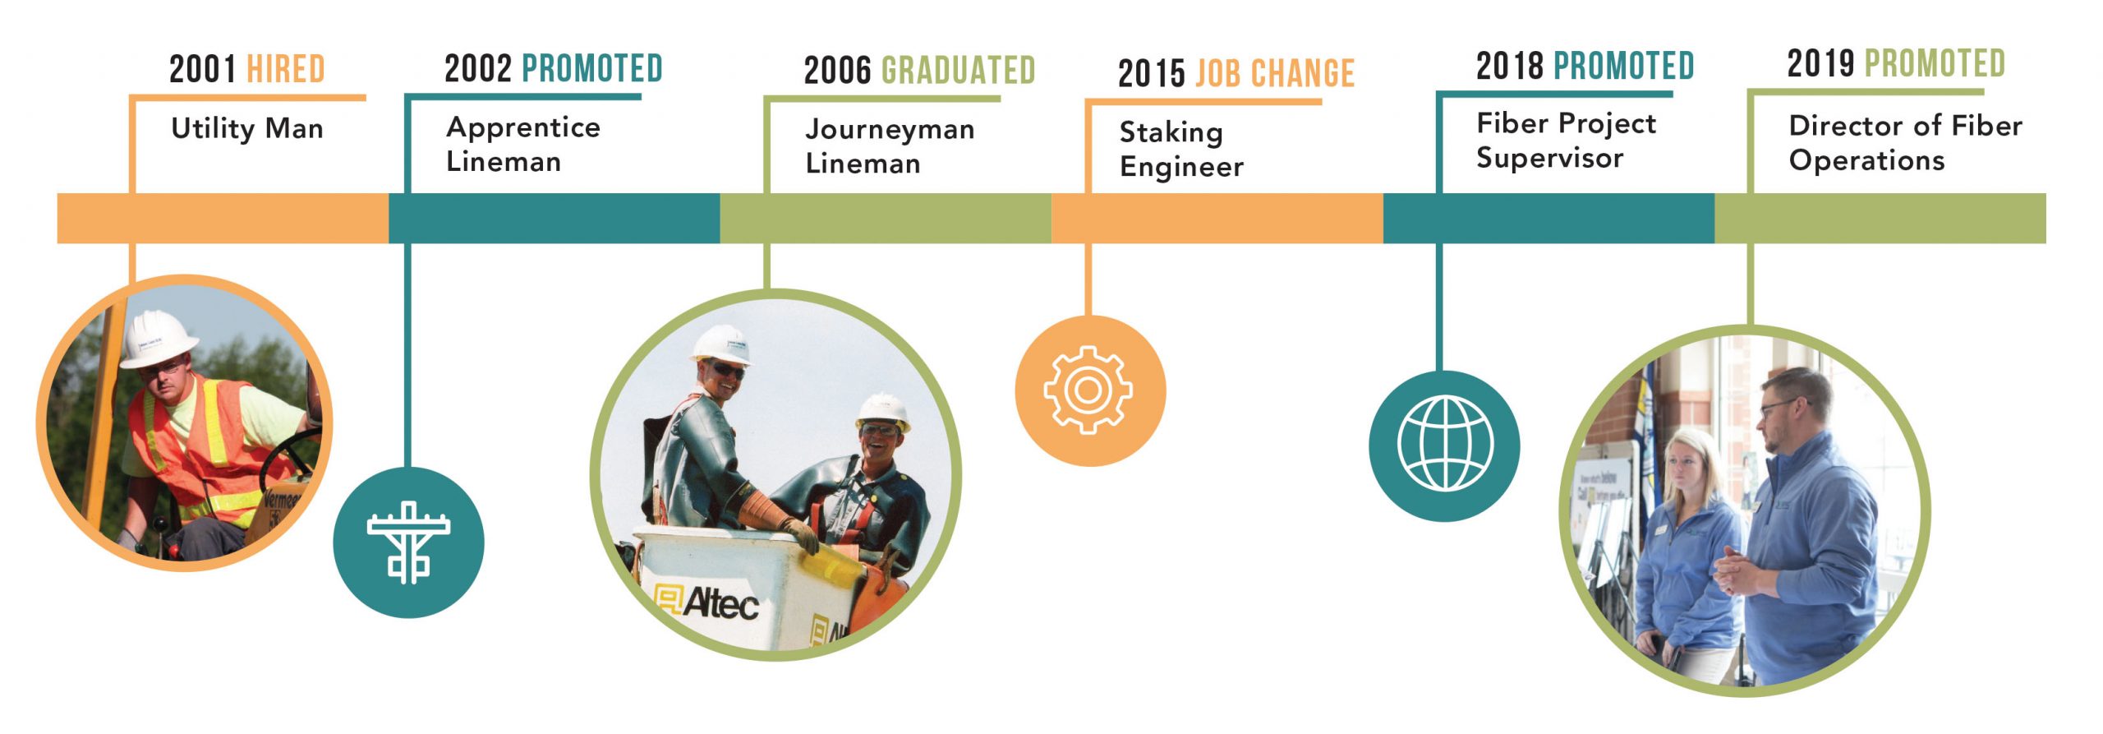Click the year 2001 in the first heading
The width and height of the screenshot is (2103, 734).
pos(202,69)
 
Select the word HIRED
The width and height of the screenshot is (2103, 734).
pos(286,69)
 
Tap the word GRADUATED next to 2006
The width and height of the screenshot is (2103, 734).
pos(958,71)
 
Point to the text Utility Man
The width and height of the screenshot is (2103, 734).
pos(247,128)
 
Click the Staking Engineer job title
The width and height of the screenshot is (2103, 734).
pos(1181,149)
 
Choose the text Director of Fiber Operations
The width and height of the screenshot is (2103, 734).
pos(1905,142)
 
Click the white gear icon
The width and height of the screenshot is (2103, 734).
pos(1088,390)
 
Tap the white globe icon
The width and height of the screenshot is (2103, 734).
pos(1445,443)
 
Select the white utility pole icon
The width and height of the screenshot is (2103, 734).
pos(408,542)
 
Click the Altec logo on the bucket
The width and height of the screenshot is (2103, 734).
pos(706,601)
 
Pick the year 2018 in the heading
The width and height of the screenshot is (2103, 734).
pos(1509,66)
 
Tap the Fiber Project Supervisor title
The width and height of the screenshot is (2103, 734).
pos(1566,140)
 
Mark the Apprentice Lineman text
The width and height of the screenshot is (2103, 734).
pos(523,144)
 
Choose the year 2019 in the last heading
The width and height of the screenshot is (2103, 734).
pos(1820,63)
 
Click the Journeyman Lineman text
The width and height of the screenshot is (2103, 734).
pos(890,145)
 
